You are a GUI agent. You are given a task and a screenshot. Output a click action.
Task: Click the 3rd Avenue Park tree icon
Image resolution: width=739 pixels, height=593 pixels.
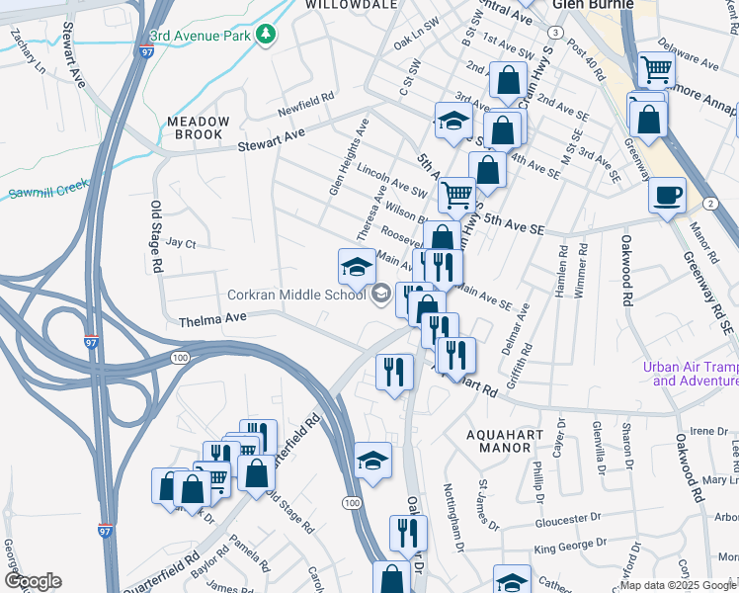(265, 36)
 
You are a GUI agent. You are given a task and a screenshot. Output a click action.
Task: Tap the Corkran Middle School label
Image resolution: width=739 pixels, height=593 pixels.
(296, 294)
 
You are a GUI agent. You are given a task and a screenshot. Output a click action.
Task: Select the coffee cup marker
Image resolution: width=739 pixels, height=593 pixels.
(668, 195)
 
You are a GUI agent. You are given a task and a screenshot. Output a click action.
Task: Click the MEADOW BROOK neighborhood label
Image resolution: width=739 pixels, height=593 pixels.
(198, 128)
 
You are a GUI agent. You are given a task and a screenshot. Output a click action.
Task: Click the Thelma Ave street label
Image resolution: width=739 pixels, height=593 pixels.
(210, 320)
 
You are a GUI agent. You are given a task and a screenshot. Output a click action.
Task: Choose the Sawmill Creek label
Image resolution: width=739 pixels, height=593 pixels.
(47, 188)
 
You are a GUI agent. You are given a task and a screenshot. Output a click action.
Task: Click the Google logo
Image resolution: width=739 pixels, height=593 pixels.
(33, 581)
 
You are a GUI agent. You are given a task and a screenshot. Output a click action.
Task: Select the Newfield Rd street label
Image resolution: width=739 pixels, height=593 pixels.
(307, 102)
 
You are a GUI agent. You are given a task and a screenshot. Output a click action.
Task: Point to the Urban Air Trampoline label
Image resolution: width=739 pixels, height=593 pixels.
(690, 374)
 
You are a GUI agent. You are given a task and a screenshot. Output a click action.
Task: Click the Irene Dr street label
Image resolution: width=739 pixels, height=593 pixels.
(707, 431)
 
